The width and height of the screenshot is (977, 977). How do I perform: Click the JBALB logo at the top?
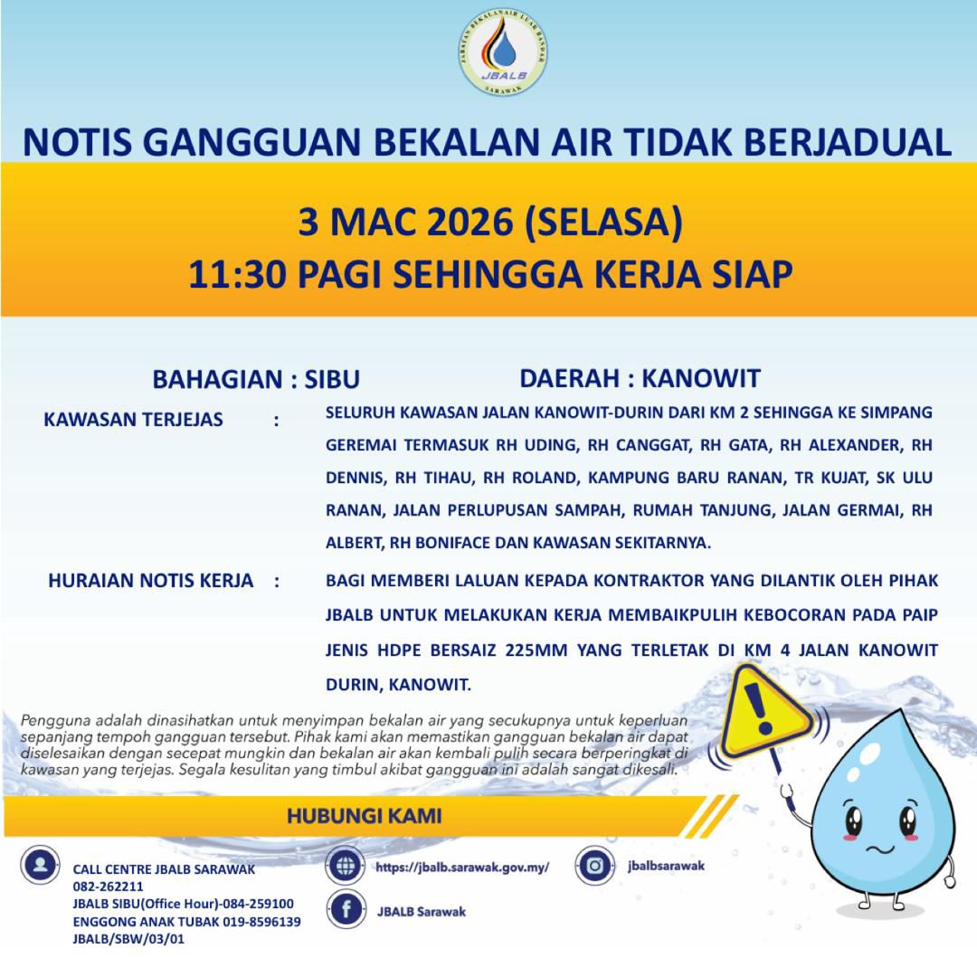coord(503,52)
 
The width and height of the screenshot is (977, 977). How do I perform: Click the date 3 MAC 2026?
coord(406,223)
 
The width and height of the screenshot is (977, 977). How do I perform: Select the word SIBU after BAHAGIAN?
coord(332,379)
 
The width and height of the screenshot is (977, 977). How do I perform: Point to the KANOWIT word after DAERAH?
coord(710,378)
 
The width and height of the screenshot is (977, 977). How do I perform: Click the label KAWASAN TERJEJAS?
coord(133,420)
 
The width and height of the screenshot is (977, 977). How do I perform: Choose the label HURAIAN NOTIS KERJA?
coord(150,581)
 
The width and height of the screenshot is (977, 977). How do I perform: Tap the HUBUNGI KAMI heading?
coord(364,816)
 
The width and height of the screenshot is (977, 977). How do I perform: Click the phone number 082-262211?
coord(109,887)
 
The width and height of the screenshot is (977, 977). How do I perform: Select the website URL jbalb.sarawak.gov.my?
coord(462,867)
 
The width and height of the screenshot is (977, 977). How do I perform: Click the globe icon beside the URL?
coord(346,866)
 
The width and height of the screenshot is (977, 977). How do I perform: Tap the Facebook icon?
coord(346,910)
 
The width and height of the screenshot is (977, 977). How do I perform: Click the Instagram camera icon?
coord(594,866)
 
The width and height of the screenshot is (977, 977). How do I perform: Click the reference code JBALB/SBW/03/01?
coord(129,939)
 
